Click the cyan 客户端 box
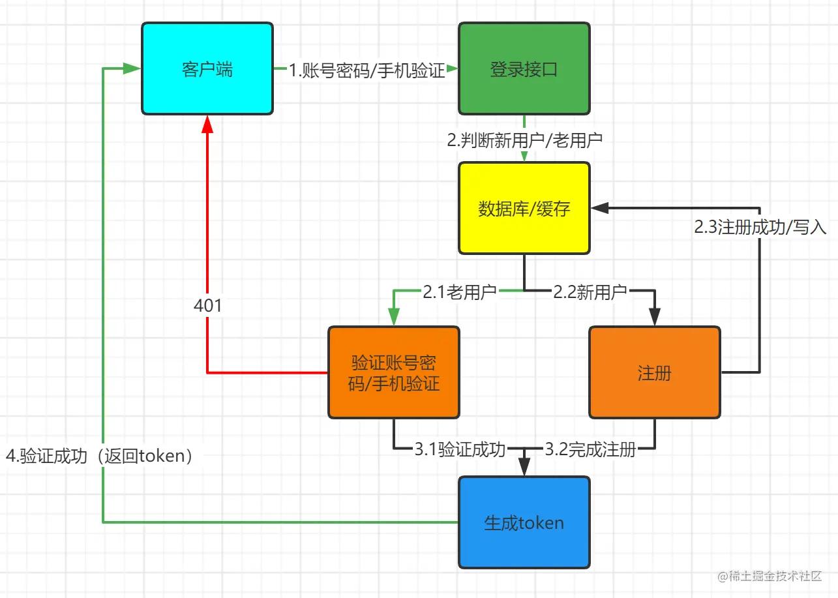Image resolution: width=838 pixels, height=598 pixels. coord(207,69)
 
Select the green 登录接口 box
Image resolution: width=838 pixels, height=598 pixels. coord(524,69)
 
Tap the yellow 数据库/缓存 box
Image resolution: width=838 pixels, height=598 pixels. coord(524,208)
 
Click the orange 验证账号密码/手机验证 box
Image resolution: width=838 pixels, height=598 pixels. coord(393,372)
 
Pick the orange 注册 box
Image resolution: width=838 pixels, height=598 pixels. coord(654,372)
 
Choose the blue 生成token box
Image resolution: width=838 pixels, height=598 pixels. coord(524,522)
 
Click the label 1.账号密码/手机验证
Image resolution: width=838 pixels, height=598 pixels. coord(367,70)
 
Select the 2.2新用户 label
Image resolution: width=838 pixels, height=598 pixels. coord(590,292)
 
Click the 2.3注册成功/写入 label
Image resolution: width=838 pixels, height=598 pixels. coord(760,227)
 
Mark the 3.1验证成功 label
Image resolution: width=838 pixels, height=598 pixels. coord(460,449)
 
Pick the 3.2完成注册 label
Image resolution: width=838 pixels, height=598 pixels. coord(590,449)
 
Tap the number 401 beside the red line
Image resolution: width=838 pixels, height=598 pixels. coord(208,305)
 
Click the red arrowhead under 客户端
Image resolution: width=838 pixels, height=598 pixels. coord(207,124)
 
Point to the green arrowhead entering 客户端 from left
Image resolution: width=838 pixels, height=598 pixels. coord(133,69)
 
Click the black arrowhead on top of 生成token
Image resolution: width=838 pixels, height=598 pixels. coord(524,468)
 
